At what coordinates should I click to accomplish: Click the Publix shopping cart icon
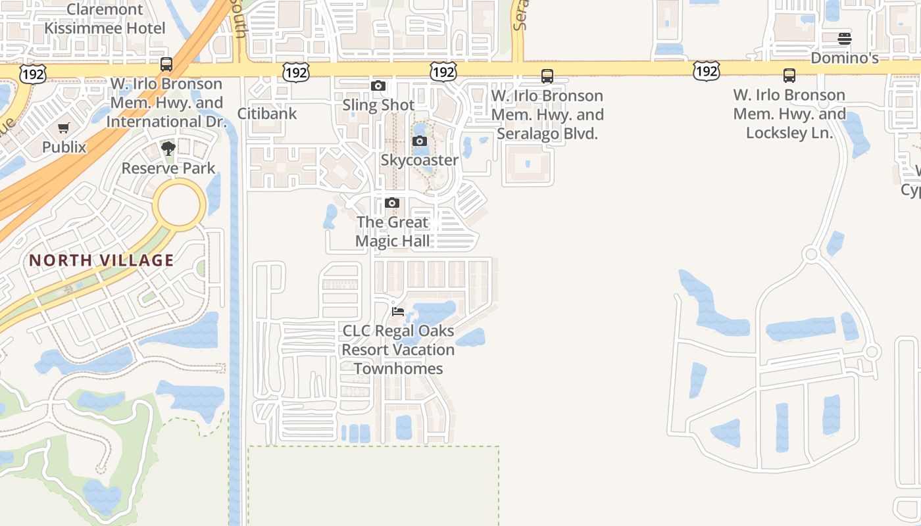(63, 128)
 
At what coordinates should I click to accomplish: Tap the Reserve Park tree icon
(168, 149)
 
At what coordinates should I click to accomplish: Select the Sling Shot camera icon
(378, 86)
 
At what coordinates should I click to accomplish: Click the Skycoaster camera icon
(419, 141)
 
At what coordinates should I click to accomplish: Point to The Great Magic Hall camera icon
(392, 203)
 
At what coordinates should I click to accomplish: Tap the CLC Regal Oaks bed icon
(397, 311)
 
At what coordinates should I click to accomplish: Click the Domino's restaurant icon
(845, 39)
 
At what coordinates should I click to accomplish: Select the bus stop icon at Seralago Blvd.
(547, 76)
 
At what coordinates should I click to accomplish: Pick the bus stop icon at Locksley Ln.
(789, 76)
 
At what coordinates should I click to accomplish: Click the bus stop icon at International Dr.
(166, 64)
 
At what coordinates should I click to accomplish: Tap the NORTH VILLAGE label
(101, 260)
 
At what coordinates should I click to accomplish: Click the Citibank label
(267, 113)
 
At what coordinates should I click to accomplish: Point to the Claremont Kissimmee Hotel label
(105, 19)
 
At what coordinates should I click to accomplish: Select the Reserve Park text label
(168, 168)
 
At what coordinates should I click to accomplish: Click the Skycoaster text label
(420, 160)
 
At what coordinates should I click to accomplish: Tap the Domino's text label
(845, 58)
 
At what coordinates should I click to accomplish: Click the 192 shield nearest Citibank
(296, 72)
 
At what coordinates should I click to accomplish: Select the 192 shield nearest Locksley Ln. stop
(706, 71)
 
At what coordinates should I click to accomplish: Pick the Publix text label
(64, 147)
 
